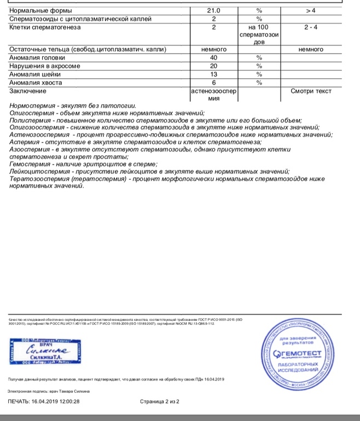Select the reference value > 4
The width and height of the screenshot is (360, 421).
[x=310, y=10]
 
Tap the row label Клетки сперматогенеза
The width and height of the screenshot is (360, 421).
[x=45, y=27]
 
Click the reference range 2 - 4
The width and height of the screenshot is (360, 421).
[x=310, y=27]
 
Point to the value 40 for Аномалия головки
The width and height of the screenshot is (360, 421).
[x=213, y=57]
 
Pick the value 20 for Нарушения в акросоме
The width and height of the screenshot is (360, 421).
[x=213, y=66]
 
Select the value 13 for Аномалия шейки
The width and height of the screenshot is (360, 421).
[x=213, y=74]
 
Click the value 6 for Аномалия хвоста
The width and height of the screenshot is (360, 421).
[x=213, y=82]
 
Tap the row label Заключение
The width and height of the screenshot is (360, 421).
[x=27, y=91]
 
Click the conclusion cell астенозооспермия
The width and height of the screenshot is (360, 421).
[x=213, y=95]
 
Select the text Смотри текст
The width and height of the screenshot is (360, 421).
[x=311, y=91]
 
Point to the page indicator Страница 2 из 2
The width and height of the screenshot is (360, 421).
[x=159, y=401]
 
